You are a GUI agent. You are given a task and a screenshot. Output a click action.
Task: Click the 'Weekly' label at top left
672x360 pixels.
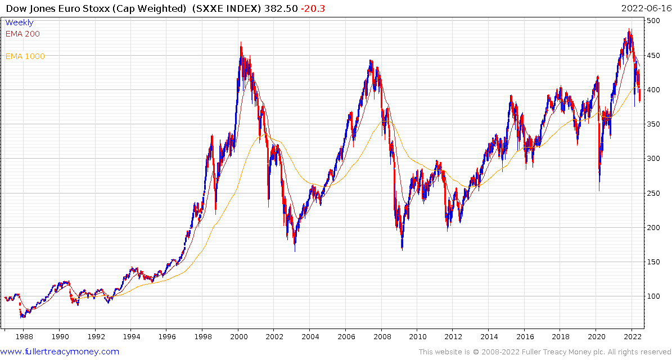click(19, 22)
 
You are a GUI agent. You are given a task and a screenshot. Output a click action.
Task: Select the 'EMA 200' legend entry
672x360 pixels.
click(22, 34)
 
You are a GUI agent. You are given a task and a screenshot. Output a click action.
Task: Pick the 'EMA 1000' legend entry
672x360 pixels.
click(25, 56)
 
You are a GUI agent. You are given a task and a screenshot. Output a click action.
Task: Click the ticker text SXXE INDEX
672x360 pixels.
click(231, 8)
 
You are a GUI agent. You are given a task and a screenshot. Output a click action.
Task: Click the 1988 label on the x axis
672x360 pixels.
click(24, 337)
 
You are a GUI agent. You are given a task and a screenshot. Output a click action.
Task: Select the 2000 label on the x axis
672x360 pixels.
click(238, 337)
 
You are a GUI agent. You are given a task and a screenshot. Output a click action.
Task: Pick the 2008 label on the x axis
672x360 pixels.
click(381, 337)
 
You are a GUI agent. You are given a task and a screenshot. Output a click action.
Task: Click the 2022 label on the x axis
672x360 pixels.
click(632, 337)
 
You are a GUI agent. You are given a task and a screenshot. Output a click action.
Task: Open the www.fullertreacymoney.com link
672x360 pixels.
click(60, 352)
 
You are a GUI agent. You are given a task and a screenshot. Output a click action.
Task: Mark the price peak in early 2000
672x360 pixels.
click(241, 42)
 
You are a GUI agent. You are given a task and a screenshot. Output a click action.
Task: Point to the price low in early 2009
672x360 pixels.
click(402, 248)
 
